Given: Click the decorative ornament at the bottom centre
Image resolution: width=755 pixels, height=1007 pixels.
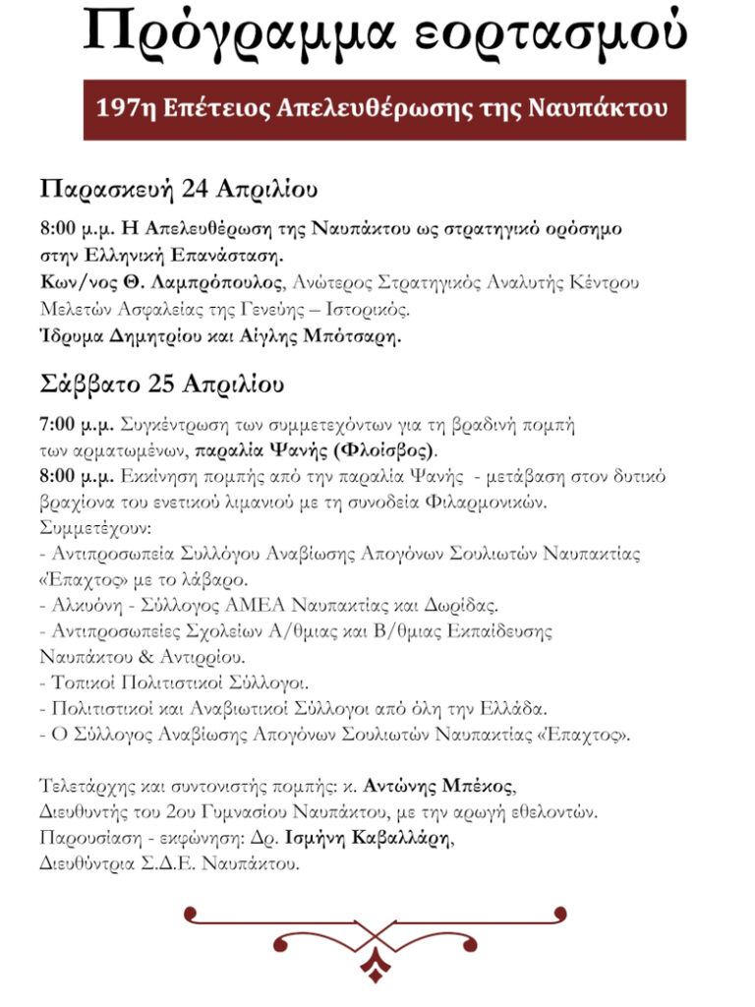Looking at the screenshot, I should pyautogui.click(x=375, y=943).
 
